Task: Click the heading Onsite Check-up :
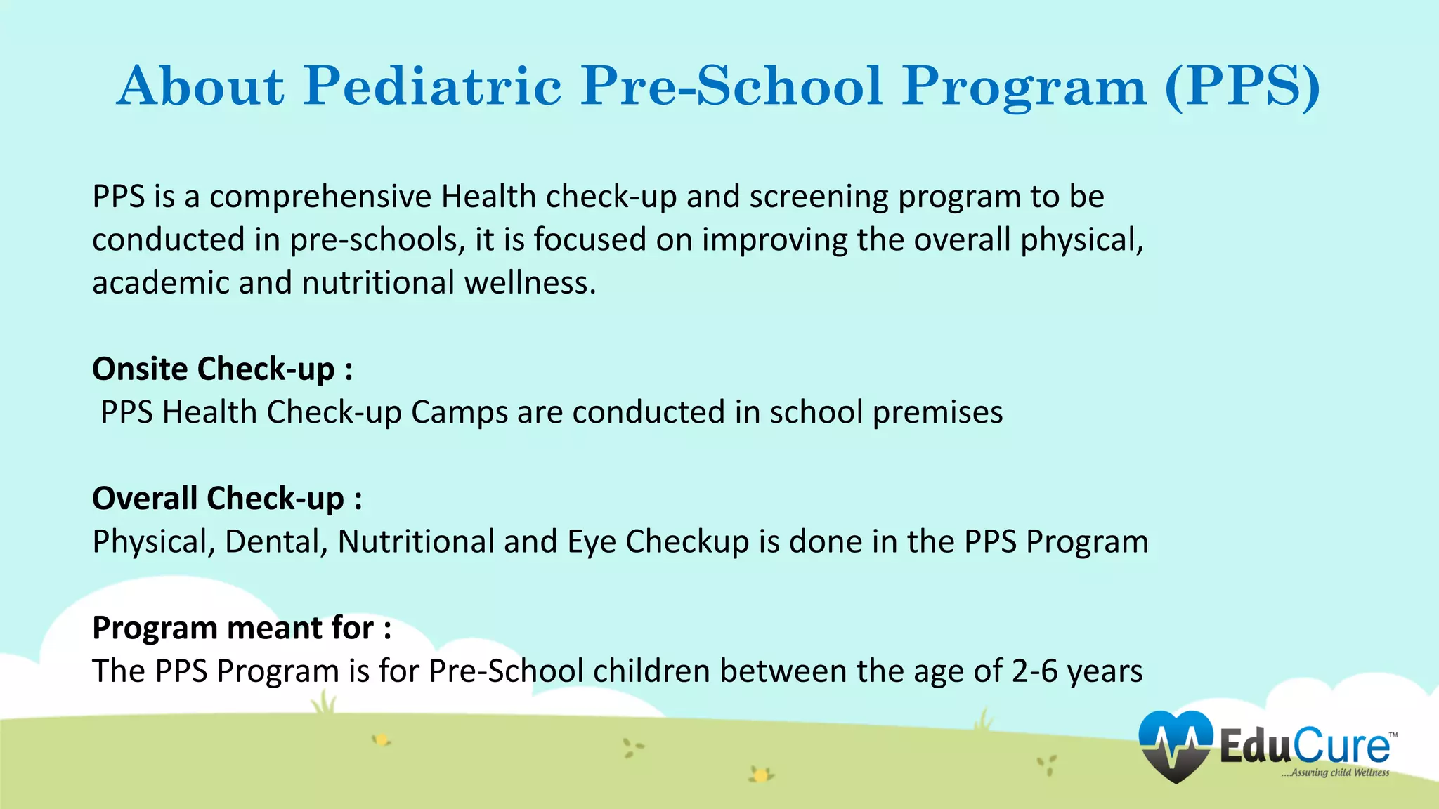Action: pyautogui.click(x=222, y=369)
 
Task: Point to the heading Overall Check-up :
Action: pyautogui.click(x=227, y=499)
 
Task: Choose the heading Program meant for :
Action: pyautogui.click(x=241, y=628)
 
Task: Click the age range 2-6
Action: pyautogui.click(x=1034, y=671)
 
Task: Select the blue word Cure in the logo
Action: pyautogui.click(x=1339, y=746)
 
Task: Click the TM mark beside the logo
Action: pyautogui.click(x=1393, y=735)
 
